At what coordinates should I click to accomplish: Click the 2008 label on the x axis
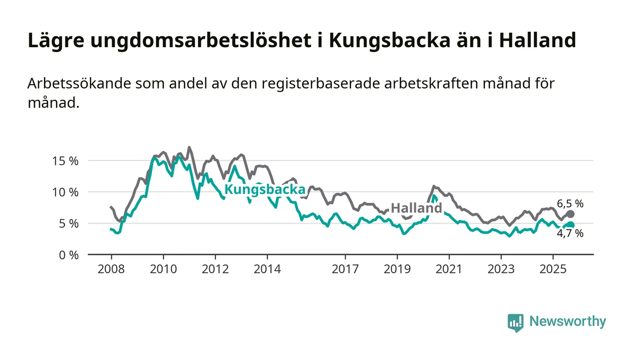[111, 269]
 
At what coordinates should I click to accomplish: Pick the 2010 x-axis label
[163, 269]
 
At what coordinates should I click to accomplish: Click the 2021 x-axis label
[449, 269]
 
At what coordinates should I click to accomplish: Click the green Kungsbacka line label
[265, 190]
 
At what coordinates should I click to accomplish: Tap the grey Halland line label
[416, 208]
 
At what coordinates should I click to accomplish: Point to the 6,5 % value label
[570, 204]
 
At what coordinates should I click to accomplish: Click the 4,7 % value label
[570, 234]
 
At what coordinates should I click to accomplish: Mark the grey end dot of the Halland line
[571, 214]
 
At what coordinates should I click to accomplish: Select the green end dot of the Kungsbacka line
[571, 225]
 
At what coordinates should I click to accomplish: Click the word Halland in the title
[537, 40]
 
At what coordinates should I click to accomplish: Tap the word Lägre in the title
[56, 40]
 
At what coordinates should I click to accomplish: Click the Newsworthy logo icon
[515, 322]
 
